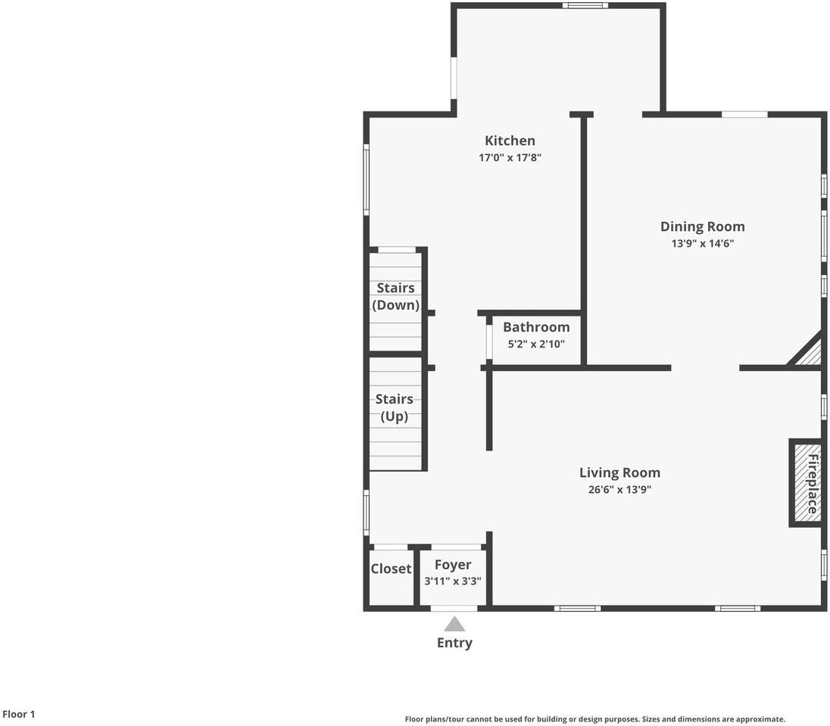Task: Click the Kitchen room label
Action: pos(510,141)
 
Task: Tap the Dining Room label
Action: pos(703,226)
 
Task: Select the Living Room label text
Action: pos(619,472)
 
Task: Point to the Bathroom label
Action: pos(536,327)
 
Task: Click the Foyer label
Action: pos(453,566)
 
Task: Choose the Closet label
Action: pos(392,569)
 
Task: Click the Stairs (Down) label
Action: pos(395,296)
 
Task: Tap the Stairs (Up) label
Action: pos(395,407)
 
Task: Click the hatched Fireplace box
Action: pos(807,482)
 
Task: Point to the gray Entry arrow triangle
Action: pos(454,625)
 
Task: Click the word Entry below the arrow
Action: pos(454,643)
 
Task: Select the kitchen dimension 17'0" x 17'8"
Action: pos(510,157)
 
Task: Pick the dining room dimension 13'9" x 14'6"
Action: pos(703,244)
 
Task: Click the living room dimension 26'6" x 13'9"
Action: pos(619,490)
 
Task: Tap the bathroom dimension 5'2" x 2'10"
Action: pos(536,344)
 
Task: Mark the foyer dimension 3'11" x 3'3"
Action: pos(453,581)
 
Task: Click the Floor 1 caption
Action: pos(18,715)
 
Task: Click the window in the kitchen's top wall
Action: pos(585,6)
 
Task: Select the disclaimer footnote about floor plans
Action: pos(595,719)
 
